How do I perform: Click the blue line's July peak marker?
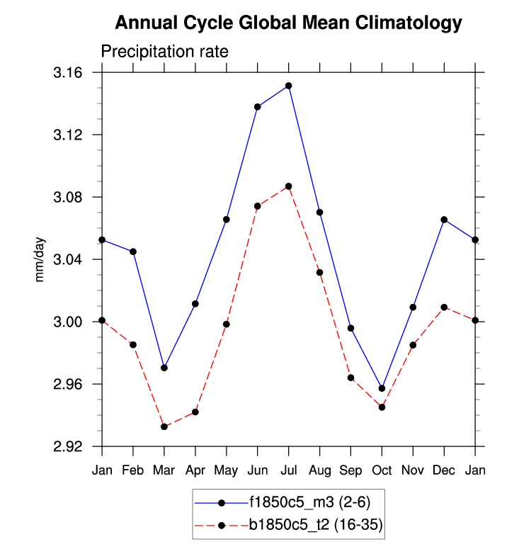(x=288, y=86)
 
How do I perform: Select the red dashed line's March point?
(x=164, y=426)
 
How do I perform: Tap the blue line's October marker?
(x=382, y=388)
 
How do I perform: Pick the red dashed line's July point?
(x=288, y=186)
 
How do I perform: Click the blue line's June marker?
(x=258, y=107)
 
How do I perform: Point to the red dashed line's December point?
(x=444, y=307)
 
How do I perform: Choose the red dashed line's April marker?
(x=195, y=412)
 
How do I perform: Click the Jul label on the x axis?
(x=288, y=470)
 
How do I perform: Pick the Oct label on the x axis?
(x=382, y=470)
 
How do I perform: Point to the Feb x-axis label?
(x=133, y=470)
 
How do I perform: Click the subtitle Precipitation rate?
(x=164, y=52)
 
